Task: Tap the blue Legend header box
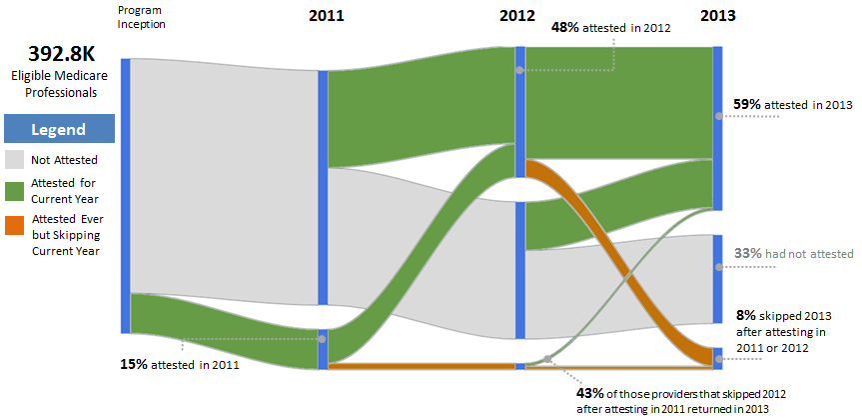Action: tap(59, 129)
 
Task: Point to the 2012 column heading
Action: tap(516, 15)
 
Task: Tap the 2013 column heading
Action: tap(718, 15)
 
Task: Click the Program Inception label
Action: tap(141, 17)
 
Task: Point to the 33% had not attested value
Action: tap(747, 254)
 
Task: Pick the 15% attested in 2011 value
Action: tap(133, 365)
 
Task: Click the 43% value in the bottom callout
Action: tap(589, 392)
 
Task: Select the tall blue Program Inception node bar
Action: tap(125, 195)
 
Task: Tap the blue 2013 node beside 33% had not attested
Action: tap(717, 279)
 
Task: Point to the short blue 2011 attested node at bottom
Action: tap(323, 347)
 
